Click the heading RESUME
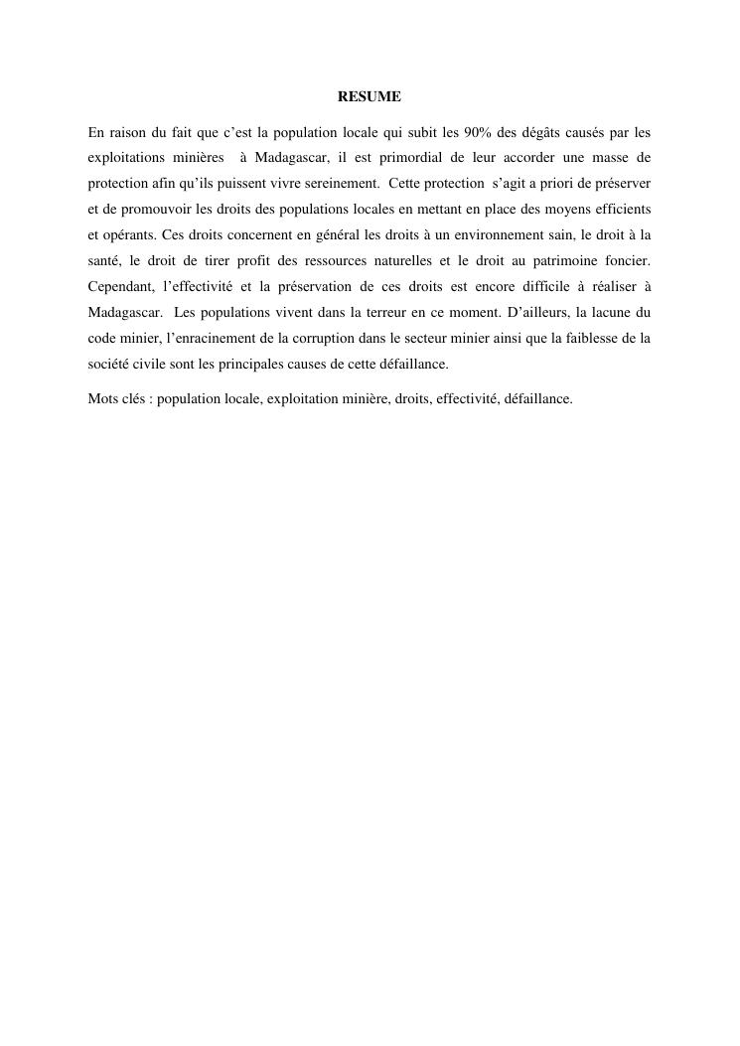point(370,97)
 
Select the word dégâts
point(554,132)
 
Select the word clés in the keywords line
point(134,399)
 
